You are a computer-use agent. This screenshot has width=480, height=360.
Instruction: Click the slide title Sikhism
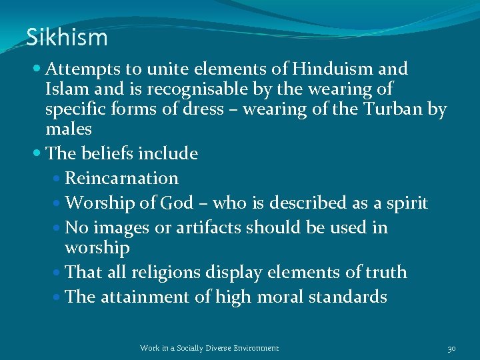pyautogui.click(x=67, y=38)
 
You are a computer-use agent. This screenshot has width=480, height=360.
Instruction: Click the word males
pyautogui.click(x=69, y=129)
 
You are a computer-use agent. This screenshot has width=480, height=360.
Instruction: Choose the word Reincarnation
pyautogui.click(x=122, y=179)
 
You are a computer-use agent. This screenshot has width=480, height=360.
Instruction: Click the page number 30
pyautogui.click(x=451, y=348)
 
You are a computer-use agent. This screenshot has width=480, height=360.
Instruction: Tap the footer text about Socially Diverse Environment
pyautogui.click(x=209, y=348)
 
